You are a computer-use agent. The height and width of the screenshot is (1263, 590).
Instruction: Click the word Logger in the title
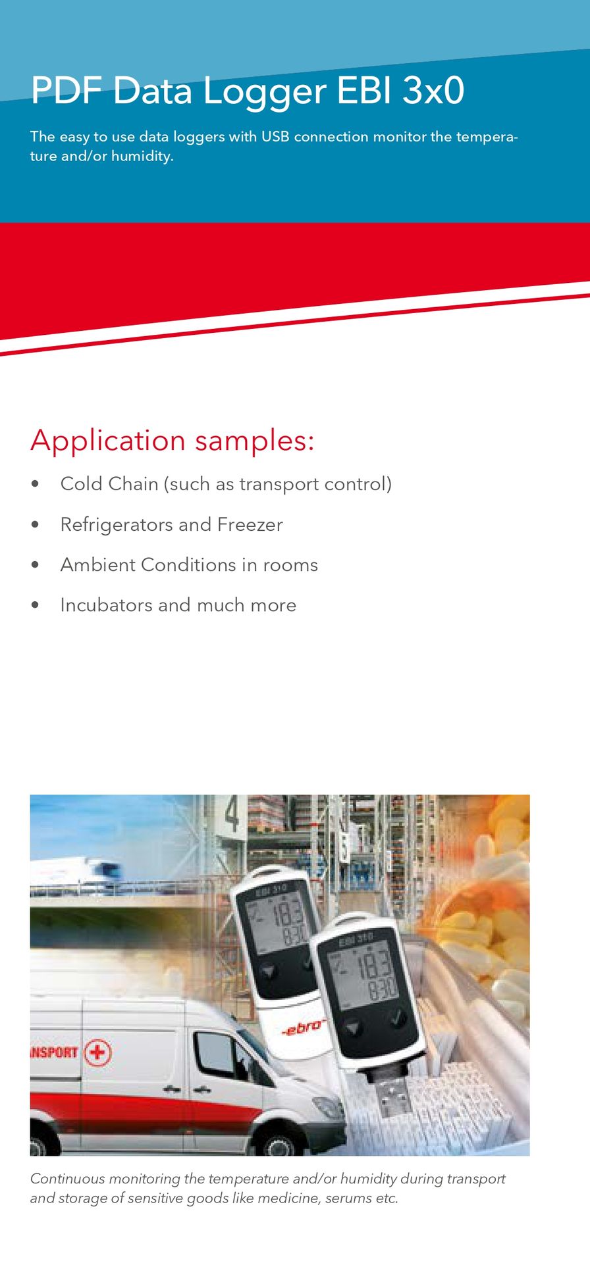[x=264, y=92]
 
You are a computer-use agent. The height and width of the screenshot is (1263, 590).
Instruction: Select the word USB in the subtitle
[x=275, y=136]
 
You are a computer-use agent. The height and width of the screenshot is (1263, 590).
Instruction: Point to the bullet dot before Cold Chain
[x=36, y=484]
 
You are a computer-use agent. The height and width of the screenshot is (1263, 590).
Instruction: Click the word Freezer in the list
[x=250, y=524]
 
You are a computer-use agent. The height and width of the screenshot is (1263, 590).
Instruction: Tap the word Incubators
[x=106, y=605]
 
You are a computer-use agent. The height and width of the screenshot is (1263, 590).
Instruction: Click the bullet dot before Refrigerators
[x=36, y=525]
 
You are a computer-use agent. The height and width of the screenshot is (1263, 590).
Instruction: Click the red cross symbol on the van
[x=98, y=1052]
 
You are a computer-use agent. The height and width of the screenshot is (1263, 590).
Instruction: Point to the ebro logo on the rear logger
[x=304, y=1027]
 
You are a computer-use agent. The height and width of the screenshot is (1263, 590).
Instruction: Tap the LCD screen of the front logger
[x=365, y=976]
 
